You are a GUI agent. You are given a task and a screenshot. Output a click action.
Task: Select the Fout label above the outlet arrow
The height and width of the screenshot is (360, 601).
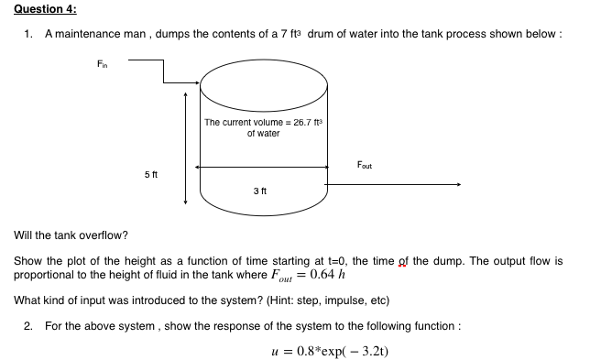pos(364,166)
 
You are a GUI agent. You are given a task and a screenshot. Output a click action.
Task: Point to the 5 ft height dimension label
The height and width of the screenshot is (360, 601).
pos(152,173)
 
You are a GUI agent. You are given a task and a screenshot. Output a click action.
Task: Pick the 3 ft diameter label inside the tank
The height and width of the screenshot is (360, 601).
pos(260,191)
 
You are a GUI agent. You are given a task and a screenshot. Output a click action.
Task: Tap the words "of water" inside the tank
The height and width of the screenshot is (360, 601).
pos(263,134)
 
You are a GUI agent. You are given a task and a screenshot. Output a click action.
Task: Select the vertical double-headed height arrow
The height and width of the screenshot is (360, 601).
pos(186,146)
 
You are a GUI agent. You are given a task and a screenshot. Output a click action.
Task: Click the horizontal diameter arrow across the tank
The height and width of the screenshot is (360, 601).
pos(264,167)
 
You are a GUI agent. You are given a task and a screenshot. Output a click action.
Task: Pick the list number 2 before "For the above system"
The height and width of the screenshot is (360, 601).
pos(29,325)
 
